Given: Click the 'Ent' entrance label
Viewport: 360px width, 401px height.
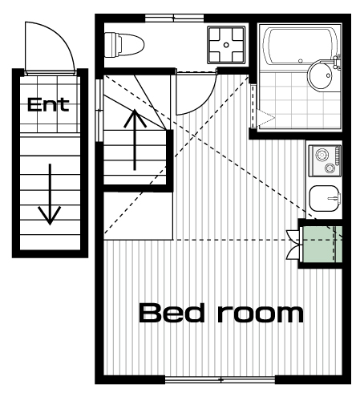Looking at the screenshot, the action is tap(48, 104).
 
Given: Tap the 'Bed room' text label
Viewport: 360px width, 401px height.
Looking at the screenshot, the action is tap(221, 313).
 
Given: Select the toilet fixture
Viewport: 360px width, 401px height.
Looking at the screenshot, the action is tap(124, 45).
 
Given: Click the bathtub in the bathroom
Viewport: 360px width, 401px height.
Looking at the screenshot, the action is tap(301, 47).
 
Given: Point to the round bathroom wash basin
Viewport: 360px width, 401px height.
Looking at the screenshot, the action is tap(322, 75).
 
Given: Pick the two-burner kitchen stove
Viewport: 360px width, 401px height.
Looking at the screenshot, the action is tap(325, 160).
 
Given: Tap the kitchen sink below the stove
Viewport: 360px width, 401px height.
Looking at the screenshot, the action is tap(325, 198).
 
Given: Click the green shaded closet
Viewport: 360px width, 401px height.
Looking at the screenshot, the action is tap(322, 244).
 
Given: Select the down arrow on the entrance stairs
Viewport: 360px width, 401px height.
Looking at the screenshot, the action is tap(50, 194).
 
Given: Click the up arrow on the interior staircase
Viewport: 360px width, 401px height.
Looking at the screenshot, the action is tap(135, 140).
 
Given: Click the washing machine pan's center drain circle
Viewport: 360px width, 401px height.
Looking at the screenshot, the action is tap(226, 45).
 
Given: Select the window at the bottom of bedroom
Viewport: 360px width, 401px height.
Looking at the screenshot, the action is tap(220, 379).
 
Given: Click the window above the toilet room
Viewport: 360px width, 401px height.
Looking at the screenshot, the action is tap(174, 18).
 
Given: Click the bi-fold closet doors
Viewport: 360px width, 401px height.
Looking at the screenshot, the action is tap(293, 244).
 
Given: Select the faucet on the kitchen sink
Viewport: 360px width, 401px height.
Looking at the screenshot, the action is tap(334, 198).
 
